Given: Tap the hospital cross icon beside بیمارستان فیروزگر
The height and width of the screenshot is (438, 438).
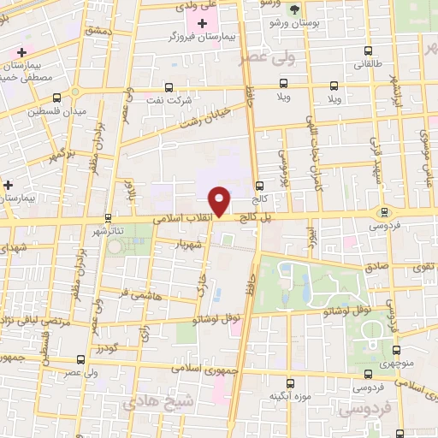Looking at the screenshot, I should pos(202,23).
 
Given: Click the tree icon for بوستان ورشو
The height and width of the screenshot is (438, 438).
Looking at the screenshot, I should pos(294,9).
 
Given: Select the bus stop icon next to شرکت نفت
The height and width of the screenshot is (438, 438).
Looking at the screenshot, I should pos(167,86).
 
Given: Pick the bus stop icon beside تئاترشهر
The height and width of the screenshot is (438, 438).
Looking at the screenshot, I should pos(108,217).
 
